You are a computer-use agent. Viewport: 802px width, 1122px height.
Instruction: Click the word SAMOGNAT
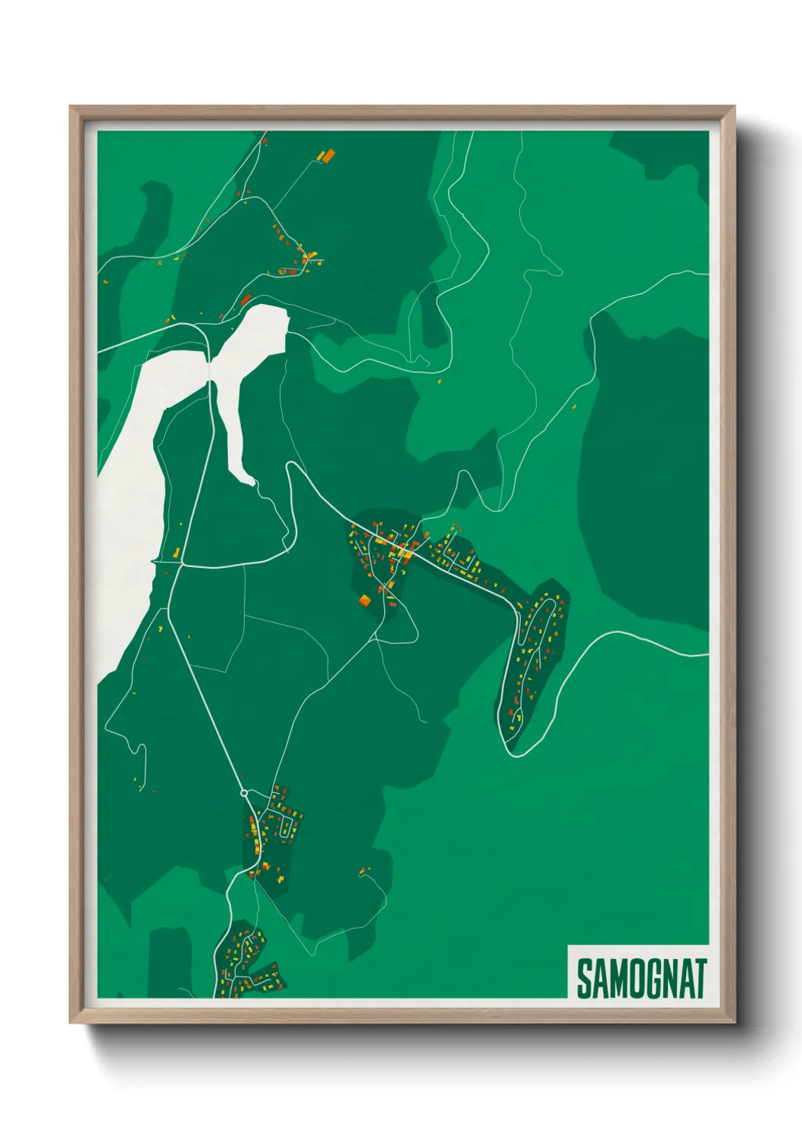tap(641, 979)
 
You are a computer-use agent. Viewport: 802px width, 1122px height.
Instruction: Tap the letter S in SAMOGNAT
tap(584, 979)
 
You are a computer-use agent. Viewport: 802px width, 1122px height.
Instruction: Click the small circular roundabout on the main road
tap(244, 793)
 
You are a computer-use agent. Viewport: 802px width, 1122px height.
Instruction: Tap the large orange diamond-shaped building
tap(365, 601)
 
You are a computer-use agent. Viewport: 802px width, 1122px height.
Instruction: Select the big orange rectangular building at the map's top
tap(329, 155)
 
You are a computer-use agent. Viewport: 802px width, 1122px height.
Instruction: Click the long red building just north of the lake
tap(246, 299)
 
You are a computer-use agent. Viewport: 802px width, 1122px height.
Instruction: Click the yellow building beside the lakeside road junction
tap(177, 553)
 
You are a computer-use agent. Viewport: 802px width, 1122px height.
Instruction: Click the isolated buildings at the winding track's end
tap(364, 871)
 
